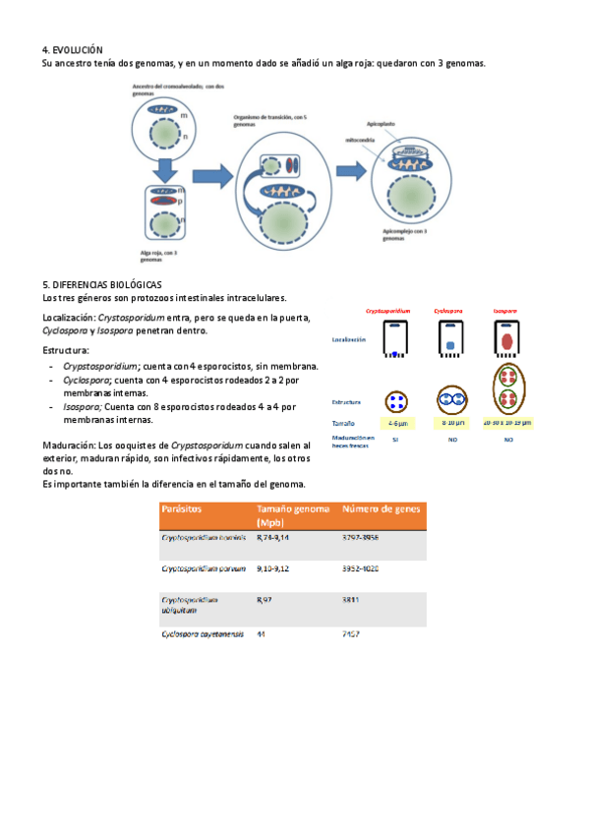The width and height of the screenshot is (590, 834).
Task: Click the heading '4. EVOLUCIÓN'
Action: (73, 49)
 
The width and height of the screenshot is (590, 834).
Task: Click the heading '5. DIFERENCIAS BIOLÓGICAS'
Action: (108, 283)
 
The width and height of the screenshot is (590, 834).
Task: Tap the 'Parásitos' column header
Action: (183, 509)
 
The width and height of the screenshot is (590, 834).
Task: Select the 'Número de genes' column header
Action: (381, 509)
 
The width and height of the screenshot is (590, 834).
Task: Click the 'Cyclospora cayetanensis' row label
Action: (198, 634)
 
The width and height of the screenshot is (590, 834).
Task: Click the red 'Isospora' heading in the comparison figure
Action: (505, 310)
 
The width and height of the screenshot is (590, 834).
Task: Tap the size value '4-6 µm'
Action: (396, 423)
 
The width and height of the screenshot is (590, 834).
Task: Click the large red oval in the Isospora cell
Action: (506, 341)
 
